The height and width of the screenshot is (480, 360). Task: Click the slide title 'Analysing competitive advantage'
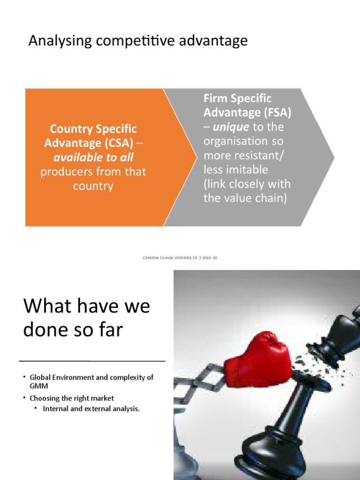tap(138, 41)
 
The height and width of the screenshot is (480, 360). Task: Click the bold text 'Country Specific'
tap(93, 128)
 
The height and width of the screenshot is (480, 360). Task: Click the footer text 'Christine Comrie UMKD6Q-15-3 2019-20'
tap(180, 257)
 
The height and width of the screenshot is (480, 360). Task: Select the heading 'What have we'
tap(87, 306)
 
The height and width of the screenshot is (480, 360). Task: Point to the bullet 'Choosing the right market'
tap(72, 398)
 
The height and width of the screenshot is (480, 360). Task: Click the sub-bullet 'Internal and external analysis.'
tap(91, 409)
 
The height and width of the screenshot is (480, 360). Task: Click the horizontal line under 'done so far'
tap(92, 361)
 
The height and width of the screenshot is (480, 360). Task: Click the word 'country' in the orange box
tap(93, 186)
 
